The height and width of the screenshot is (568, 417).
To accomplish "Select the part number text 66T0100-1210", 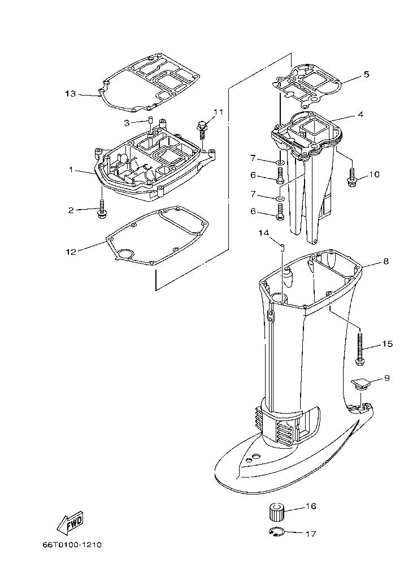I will pyautogui.click(x=71, y=545).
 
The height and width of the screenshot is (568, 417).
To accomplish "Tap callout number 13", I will pyautogui.click(x=70, y=94).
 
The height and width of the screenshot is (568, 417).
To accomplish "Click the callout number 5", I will pyautogui.click(x=366, y=74).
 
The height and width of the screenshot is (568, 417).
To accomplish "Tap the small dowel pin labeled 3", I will pyautogui.click(x=151, y=122).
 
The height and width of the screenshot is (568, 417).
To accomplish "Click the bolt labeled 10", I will pyautogui.click(x=351, y=179).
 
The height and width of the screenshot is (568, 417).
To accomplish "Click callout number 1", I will pyautogui.click(x=71, y=169).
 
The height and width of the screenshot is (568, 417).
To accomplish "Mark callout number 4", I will pyautogui.click(x=360, y=114).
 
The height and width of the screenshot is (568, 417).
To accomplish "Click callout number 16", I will pyautogui.click(x=310, y=506).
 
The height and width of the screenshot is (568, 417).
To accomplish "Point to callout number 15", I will pyautogui.click(x=387, y=344).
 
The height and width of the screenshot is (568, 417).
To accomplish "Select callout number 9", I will pyautogui.click(x=387, y=378).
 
